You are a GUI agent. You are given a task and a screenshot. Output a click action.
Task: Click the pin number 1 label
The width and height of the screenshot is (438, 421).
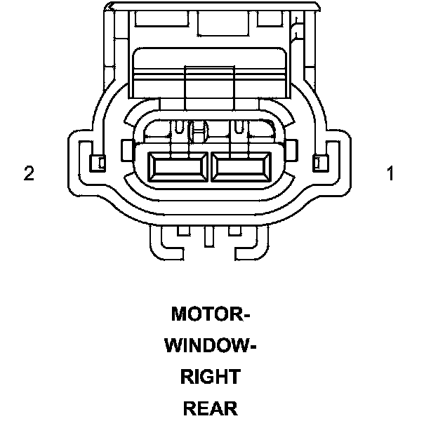(x=391, y=173)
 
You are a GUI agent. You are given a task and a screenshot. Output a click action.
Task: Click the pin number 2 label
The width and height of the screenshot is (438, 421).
(x=29, y=173)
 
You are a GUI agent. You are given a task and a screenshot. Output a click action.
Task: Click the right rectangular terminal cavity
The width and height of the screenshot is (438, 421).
(x=241, y=169)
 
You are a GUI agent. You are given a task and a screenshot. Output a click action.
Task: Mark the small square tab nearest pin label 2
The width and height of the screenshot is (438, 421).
(x=99, y=163)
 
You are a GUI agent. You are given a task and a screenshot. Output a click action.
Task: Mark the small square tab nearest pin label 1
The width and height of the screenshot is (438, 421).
(x=321, y=163)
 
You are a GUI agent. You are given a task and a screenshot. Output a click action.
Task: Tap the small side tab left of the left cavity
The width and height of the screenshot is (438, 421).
(x=126, y=149)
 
